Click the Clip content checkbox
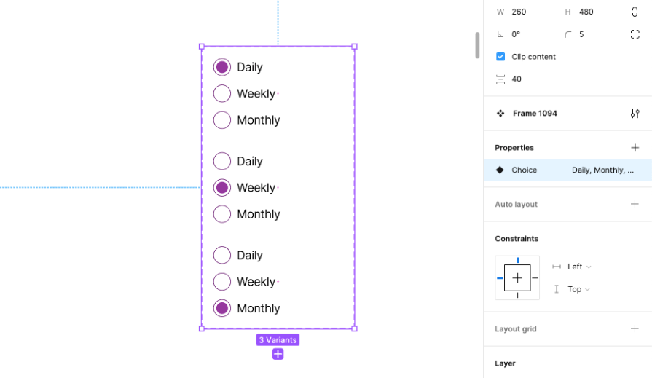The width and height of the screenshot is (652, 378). point(500,57)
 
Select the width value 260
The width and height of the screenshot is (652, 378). point(519,12)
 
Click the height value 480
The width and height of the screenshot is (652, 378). point(586,12)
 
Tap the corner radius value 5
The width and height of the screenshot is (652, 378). point(581,34)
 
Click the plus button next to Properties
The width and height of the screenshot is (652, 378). point(635,148)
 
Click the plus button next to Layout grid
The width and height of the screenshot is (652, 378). point(635,328)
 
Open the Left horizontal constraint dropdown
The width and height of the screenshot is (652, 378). point(579,267)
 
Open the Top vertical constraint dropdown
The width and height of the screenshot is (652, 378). point(578,289)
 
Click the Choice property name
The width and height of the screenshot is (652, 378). point(524,170)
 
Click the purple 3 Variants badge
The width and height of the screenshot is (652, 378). point(278,339)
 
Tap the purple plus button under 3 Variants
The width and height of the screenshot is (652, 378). point(278,354)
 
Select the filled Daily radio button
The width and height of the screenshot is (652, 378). point(222,67)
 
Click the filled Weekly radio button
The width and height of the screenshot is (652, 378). point(222,188)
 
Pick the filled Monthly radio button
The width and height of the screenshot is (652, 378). point(222,308)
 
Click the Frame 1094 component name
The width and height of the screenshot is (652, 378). point(535,113)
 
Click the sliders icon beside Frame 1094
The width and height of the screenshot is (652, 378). point(635,113)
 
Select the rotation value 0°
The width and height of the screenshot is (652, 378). point(516,34)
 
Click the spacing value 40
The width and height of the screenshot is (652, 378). point(517,79)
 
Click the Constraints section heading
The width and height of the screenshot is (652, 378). point(517,238)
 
